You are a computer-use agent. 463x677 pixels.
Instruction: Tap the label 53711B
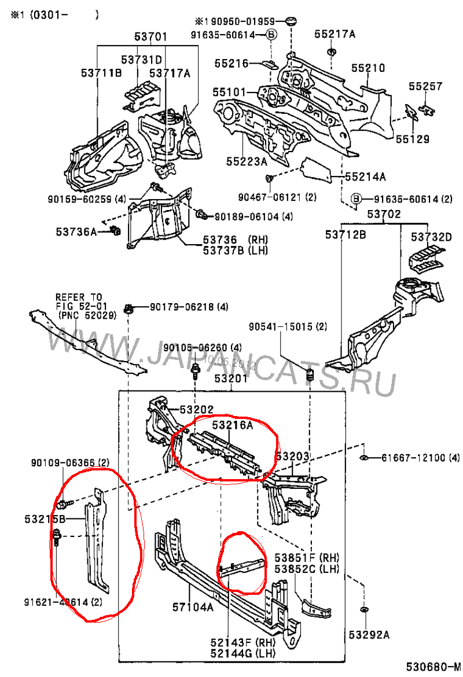coord(101,72)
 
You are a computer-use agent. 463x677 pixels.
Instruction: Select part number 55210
coord(367,68)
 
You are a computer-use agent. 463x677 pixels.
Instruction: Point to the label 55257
coord(425,87)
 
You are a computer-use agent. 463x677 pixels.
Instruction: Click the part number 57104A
coord(192,607)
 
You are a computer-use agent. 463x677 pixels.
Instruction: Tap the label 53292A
coord(369,635)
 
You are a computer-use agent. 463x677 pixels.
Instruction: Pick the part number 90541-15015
coord(288,327)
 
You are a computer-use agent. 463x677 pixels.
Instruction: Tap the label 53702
coord(384,215)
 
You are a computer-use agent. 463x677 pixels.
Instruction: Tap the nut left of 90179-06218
coord(130,307)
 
